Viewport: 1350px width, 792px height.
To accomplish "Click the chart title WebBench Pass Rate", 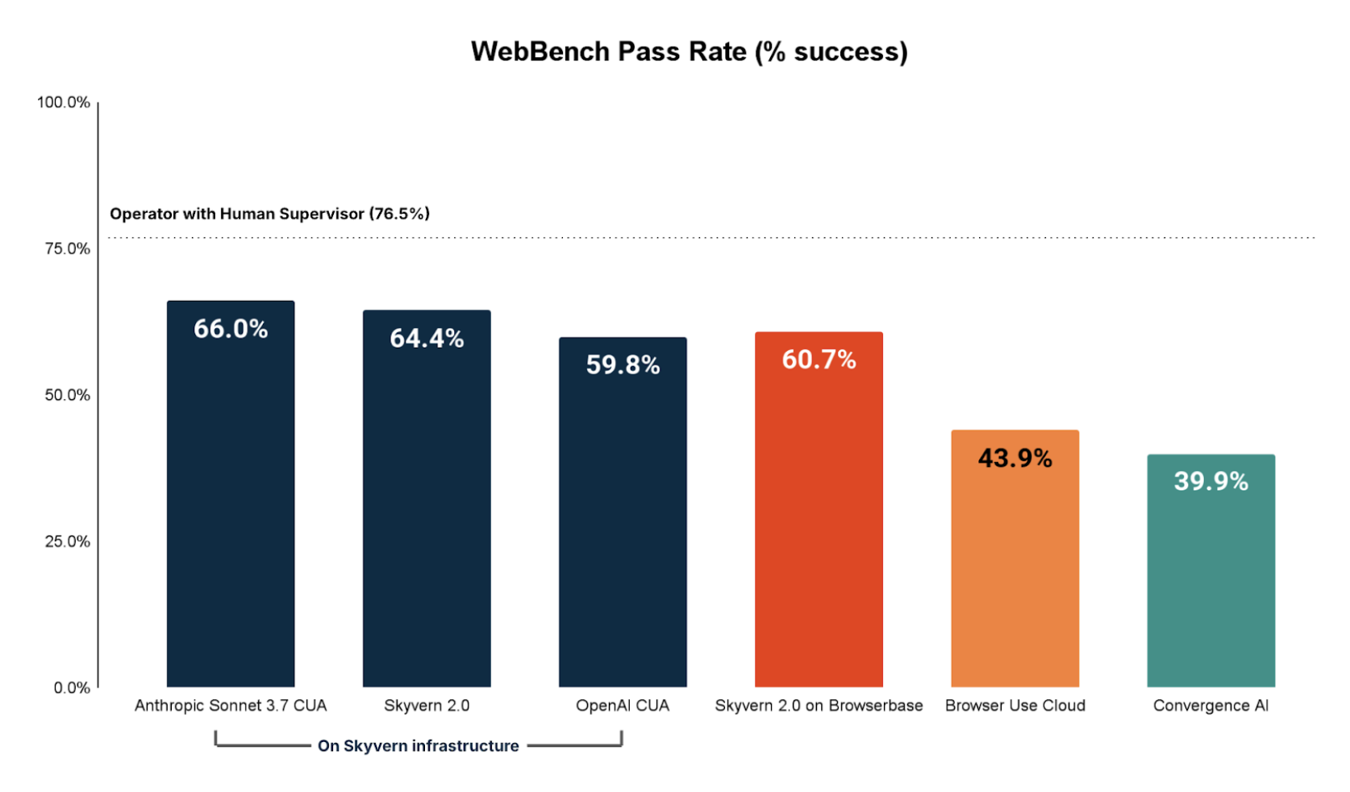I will (689, 52).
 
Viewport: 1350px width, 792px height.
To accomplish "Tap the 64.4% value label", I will (427, 338).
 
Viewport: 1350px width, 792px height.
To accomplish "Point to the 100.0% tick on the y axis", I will (64, 102).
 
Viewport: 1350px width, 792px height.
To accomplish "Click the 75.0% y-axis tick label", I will (67, 248).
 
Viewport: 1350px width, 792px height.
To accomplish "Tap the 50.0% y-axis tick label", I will (67, 395).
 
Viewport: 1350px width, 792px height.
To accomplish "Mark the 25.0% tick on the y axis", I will (67, 541).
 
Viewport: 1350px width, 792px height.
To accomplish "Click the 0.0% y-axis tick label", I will (72, 688).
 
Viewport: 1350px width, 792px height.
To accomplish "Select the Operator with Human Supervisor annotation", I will (269, 214).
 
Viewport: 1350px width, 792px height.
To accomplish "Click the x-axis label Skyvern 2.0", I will (427, 706).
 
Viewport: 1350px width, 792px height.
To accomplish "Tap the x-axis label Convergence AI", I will (1210, 706).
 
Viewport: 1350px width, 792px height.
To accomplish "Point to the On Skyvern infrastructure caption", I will (418, 746).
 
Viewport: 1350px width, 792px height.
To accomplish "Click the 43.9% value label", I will (1015, 458).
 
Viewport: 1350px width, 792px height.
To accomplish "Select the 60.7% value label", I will (819, 360).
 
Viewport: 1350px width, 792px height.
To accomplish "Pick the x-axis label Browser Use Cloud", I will (1015, 706).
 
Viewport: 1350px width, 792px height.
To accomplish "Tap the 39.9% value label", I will (1210, 481).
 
